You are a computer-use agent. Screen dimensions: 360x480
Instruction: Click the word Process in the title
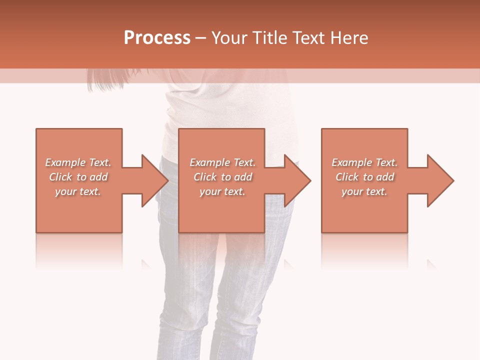(x=157, y=38)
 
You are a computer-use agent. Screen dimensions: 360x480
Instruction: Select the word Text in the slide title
(x=308, y=38)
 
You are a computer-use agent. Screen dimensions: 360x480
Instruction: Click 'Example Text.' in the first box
(x=78, y=162)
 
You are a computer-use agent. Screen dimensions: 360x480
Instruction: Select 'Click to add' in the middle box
(x=222, y=177)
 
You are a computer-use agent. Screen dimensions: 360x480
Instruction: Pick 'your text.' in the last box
(x=364, y=191)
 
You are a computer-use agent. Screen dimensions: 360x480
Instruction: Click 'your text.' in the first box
(x=78, y=191)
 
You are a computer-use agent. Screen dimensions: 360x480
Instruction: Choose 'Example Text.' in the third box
(x=364, y=162)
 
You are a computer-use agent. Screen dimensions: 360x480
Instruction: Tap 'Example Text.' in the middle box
(x=222, y=162)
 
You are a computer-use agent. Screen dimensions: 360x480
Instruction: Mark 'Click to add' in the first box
(x=78, y=177)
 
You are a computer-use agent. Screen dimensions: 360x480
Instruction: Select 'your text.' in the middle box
(x=222, y=191)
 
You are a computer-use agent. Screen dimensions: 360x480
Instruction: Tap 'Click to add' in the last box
(x=364, y=177)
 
